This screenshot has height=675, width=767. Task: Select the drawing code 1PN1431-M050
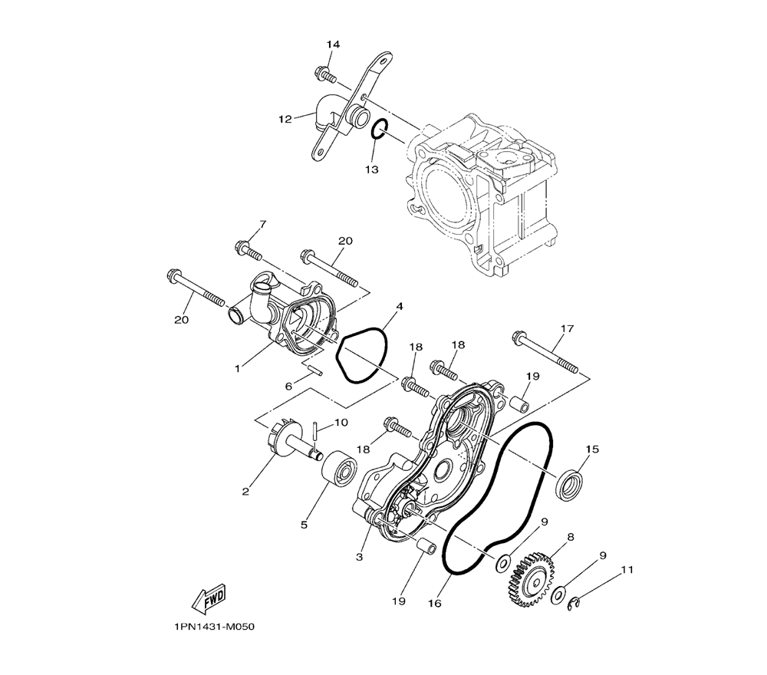(214, 627)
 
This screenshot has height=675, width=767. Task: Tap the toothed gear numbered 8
(531, 580)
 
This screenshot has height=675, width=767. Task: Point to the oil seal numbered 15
(570, 486)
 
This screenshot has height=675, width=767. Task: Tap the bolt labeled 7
(249, 249)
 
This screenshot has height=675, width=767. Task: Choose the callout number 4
(400, 307)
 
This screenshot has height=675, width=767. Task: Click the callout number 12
(285, 119)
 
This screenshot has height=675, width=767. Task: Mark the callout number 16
(434, 603)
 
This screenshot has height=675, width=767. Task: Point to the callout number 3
(360, 557)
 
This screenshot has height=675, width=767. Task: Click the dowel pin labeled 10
(315, 430)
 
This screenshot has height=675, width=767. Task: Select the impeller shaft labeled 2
(295, 438)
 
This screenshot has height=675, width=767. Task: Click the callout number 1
(238, 369)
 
